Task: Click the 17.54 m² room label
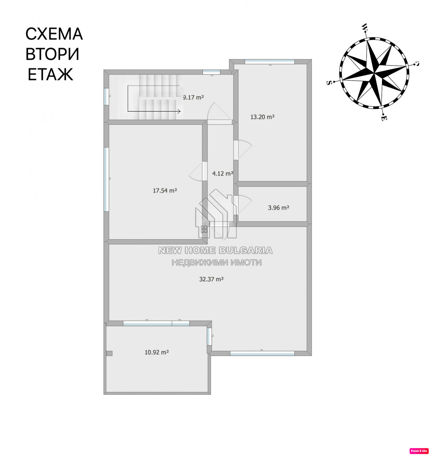pyautogui.click(x=165, y=191)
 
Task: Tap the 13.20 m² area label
pyautogui.click(x=262, y=117)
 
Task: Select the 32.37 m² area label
pyautogui.click(x=211, y=279)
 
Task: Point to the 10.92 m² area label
pyautogui.click(x=157, y=352)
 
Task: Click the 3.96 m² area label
pyautogui.click(x=279, y=208)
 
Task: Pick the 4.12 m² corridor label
pyautogui.click(x=223, y=173)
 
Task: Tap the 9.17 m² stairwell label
pyautogui.click(x=194, y=97)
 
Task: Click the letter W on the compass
pyautogui.click(x=364, y=27)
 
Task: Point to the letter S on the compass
pyautogui.click(x=329, y=83)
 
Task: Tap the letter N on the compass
pyautogui.click(x=417, y=64)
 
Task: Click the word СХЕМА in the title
pyautogui.click(x=54, y=34)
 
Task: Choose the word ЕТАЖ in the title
pyautogui.click(x=51, y=75)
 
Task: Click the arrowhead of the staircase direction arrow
pyautogui.click(x=179, y=111)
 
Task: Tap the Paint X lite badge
pyautogui.click(x=419, y=451)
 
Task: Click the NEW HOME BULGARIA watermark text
pyautogui.click(x=215, y=250)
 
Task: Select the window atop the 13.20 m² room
pyautogui.click(x=270, y=62)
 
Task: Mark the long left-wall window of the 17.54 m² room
pyautogui.click(x=106, y=179)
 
